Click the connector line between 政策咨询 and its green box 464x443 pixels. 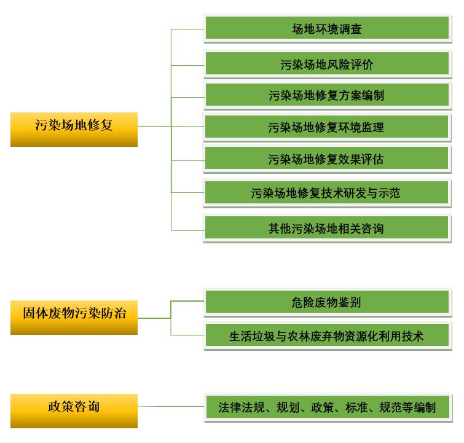point(171,406)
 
